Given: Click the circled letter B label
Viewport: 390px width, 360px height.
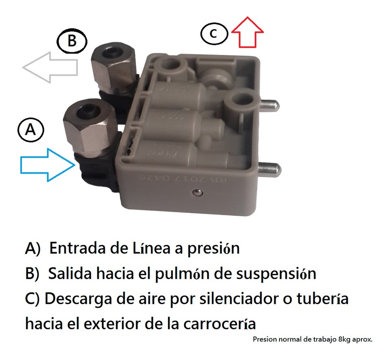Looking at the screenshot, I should click(72, 41).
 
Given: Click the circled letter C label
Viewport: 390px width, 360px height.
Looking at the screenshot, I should click(214, 34).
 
